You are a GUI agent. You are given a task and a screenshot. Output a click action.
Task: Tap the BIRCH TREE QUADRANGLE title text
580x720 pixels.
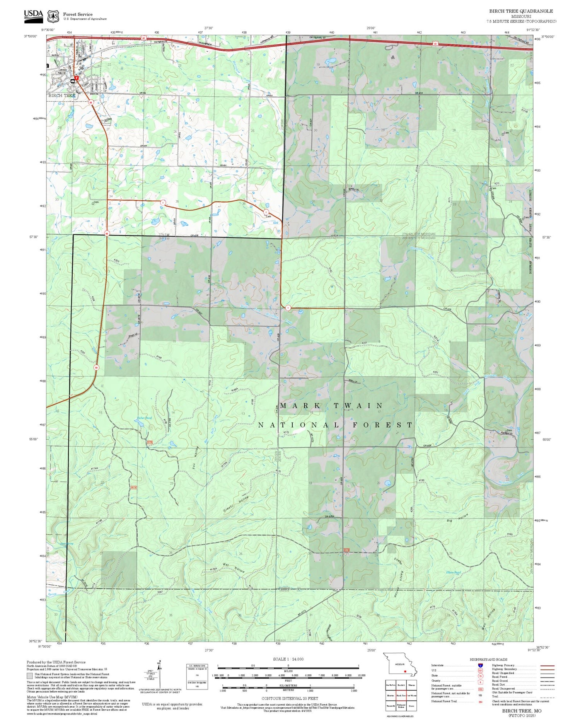pos(520,11)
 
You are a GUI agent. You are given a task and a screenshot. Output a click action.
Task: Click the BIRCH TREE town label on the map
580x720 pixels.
pos(62,95)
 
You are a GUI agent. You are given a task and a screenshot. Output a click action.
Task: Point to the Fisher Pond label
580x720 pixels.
pos(144,418)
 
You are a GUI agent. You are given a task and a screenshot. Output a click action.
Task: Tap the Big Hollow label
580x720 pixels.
pos(457,518)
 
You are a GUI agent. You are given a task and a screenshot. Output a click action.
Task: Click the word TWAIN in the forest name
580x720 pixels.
pos(358,406)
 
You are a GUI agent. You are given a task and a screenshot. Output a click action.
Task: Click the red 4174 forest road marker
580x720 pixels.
pos(133,488)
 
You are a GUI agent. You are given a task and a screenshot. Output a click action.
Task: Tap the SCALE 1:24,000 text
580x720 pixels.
pos(288,659)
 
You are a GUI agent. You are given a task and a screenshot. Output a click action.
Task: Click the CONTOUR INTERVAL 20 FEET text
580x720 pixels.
pos(290,698)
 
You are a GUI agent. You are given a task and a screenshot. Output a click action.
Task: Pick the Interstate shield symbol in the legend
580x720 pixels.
pos(480,665)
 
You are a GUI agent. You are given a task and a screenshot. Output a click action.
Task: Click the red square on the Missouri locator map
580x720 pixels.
pos(405,671)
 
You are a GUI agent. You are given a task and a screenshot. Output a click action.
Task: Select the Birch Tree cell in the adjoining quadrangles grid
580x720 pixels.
pos(401,695)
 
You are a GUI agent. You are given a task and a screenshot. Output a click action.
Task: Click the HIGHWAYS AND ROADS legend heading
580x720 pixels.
pos(488,659)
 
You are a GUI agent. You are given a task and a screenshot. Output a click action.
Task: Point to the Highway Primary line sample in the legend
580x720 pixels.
pos(544,666)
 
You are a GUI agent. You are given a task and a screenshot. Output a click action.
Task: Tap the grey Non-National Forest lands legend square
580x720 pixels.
pos(29,676)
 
